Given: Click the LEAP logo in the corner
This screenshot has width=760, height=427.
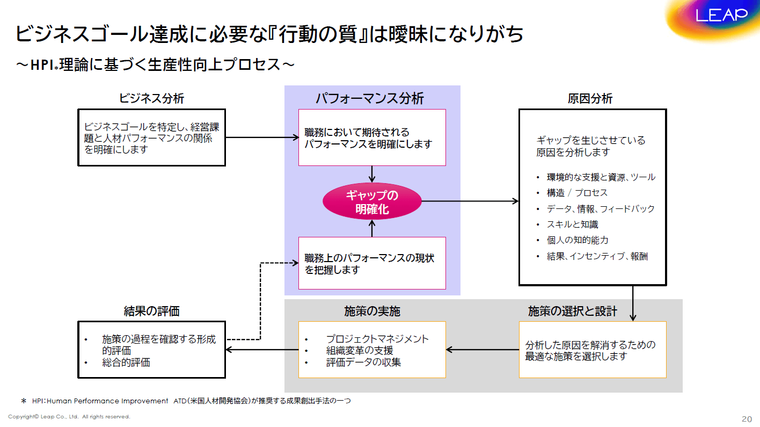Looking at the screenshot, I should (721, 15).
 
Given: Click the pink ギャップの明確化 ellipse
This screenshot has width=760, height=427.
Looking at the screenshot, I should (372, 202).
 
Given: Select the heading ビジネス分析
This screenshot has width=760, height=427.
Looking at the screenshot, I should (151, 98).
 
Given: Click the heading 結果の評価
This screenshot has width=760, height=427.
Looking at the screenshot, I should (151, 311).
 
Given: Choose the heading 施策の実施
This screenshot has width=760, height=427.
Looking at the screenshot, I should (372, 311).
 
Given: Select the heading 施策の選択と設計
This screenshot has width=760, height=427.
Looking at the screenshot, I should (572, 311).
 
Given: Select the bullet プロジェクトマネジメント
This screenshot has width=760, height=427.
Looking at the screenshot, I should (377, 339).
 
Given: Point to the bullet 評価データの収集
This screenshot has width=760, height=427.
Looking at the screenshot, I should (363, 362).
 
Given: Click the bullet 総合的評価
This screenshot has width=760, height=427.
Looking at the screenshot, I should (126, 363).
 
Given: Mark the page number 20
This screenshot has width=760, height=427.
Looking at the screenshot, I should (747, 418).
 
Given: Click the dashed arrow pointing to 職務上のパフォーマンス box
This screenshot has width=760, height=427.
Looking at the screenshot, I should (261, 301).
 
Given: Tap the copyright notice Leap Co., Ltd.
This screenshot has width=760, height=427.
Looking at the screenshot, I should (69, 416).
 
